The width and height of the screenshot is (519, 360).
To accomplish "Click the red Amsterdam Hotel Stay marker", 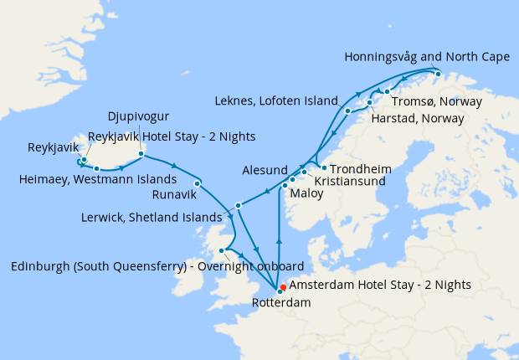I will click(284, 287).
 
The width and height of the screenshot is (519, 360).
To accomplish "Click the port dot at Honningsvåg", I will click(438, 74).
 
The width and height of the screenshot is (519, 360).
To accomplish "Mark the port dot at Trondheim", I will click(323, 167).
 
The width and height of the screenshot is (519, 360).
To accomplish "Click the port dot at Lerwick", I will click(239, 205).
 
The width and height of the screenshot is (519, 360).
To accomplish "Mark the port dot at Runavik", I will click(197, 183).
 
